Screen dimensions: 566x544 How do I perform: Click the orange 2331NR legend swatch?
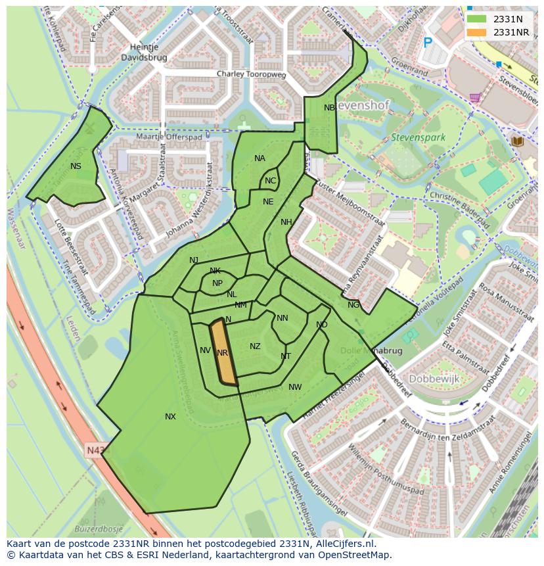point(478,32)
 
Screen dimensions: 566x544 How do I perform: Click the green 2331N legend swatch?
point(478,19)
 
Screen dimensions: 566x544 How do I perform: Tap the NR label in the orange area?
point(222,353)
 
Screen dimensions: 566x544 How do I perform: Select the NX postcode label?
point(170,417)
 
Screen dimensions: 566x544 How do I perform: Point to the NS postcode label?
point(76,166)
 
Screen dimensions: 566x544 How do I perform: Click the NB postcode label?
point(329,108)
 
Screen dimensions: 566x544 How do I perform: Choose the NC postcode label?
point(270,181)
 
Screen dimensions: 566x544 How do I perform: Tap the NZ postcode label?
point(255,346)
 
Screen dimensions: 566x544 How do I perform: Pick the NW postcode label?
point(295,387)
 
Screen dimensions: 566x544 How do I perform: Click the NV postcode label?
point(205,350)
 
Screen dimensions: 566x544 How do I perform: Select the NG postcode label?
point(353,305)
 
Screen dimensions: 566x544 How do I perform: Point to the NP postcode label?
point(217,283)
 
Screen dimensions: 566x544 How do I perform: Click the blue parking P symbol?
point(428,43)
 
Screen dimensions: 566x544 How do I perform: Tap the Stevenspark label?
point(418,138)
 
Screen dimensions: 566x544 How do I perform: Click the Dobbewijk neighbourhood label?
point(434,379)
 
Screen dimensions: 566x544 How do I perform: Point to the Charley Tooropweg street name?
point(252,75)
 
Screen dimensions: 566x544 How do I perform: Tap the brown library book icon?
point(516,141)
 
